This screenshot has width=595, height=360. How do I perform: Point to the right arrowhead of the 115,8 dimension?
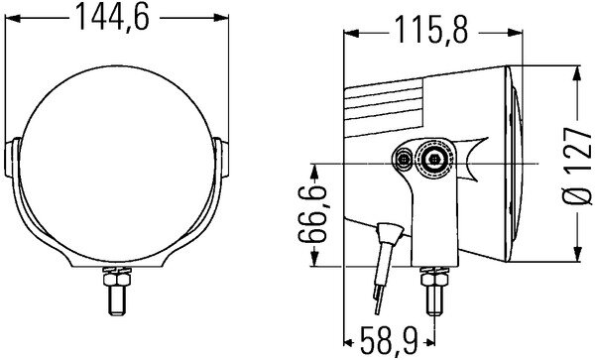[x=511, y=33]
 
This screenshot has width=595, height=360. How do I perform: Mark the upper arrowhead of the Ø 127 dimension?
[x=577, y=71]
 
